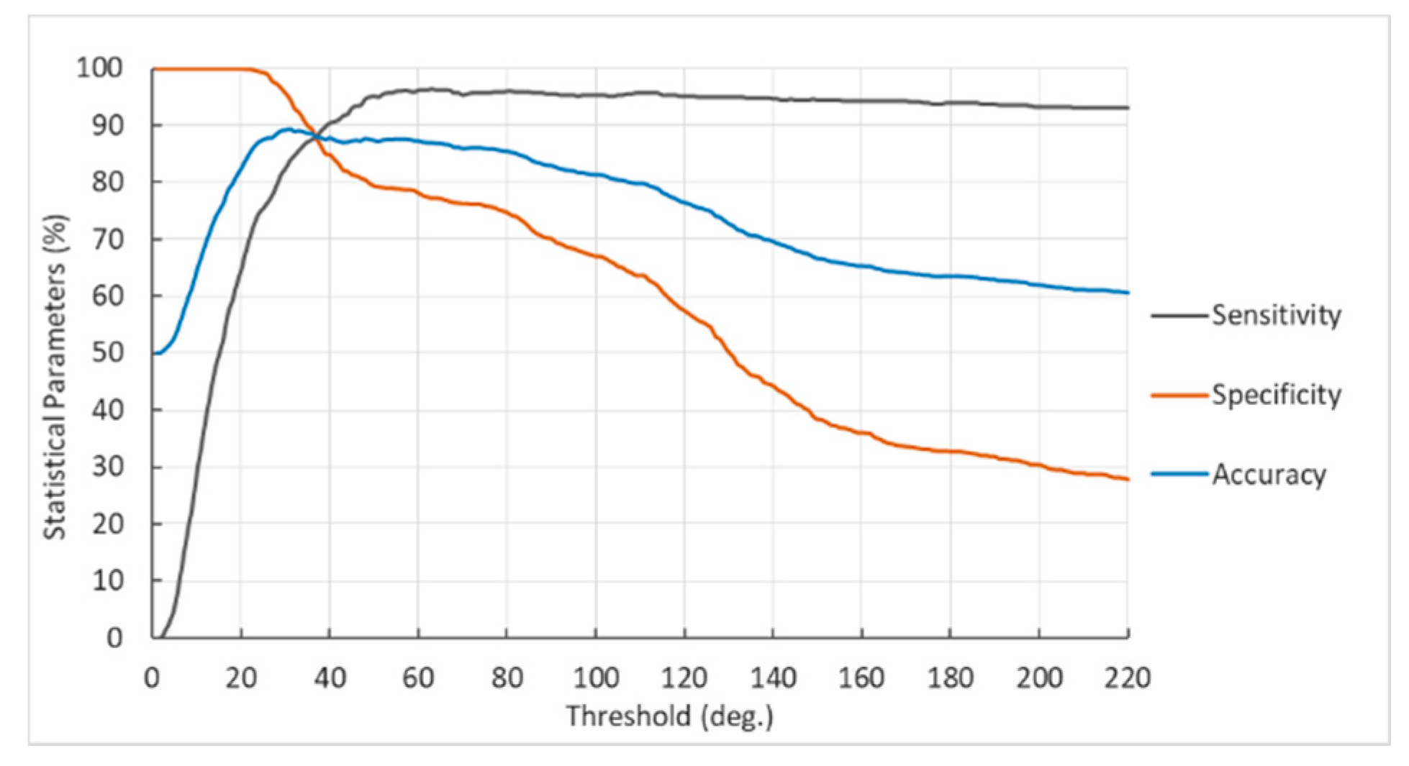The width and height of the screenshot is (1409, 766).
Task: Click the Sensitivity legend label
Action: tap(1276, 315)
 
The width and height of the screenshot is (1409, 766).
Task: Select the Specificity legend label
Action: tap(1276, 395)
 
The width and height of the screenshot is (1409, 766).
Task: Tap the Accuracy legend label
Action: tap(1269, 475)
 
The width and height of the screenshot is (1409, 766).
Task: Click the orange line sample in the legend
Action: tap(1179, 395)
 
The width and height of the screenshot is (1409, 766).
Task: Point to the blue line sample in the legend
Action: tap(1179, 475)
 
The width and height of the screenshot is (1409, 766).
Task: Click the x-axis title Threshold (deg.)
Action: tap(669, 716)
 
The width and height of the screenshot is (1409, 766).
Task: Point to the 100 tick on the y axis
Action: tap(99, 69)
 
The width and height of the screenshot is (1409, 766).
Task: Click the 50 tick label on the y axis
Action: tap(108, 353)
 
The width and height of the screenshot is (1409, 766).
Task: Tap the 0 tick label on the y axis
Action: tap(114, 638)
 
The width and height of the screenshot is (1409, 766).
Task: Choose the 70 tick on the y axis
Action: tap(108, 240)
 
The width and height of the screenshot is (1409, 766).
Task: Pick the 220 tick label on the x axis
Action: tap(1127, 678)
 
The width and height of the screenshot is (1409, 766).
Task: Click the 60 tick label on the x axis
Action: tap(418, 678)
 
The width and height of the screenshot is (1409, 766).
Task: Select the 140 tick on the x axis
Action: tap(773, 678)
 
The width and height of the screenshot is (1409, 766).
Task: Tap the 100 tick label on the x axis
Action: tap(595, 678)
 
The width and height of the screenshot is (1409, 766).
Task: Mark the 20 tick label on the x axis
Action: tap(241, 678)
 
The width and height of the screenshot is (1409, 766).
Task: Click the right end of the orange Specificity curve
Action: tap(1128, 479)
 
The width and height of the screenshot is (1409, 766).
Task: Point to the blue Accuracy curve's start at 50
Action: tap(154, 353)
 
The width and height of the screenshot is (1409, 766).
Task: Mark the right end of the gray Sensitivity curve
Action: tap(1128, 108)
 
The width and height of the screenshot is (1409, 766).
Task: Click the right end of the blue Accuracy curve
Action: tap(1128, 293)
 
